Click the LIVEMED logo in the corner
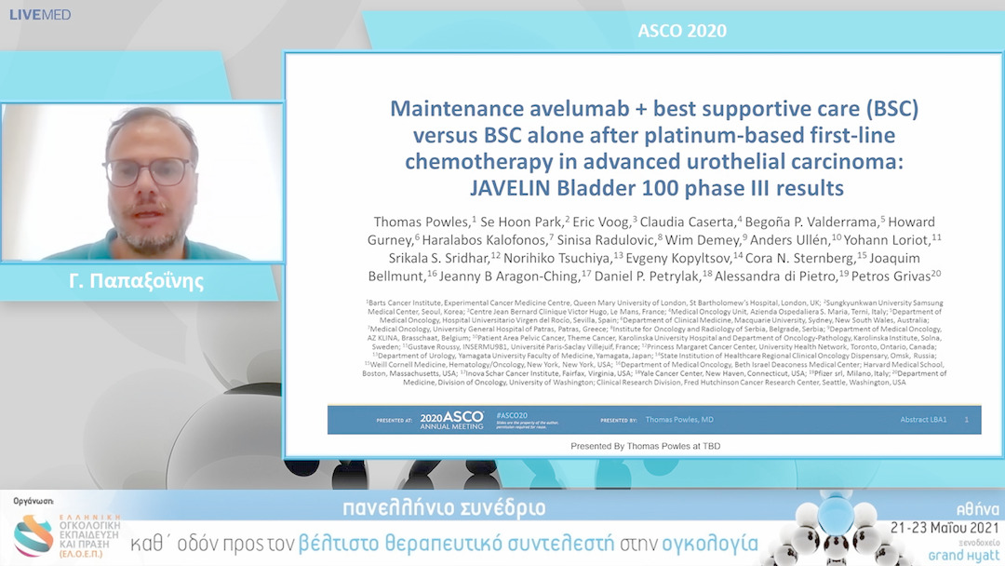40,14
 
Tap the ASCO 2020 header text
682,31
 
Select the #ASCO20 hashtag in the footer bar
512,413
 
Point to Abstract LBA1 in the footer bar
923,420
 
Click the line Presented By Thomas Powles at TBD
645,447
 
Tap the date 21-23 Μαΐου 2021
938,528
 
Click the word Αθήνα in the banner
976,509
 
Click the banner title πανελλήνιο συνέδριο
444,509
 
